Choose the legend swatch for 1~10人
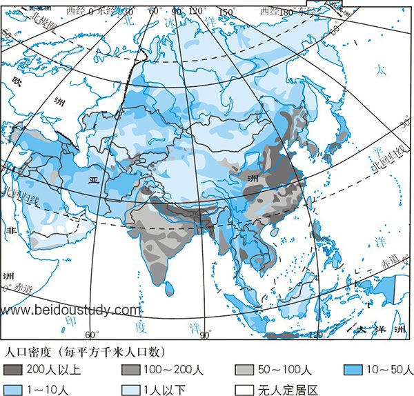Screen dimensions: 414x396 click(x=13, y=388)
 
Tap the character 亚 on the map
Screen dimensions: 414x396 click(x=94, y=179)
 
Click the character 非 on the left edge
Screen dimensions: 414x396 click(x=10, y=230)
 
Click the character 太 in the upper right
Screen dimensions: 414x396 click(x=379, y=70)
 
